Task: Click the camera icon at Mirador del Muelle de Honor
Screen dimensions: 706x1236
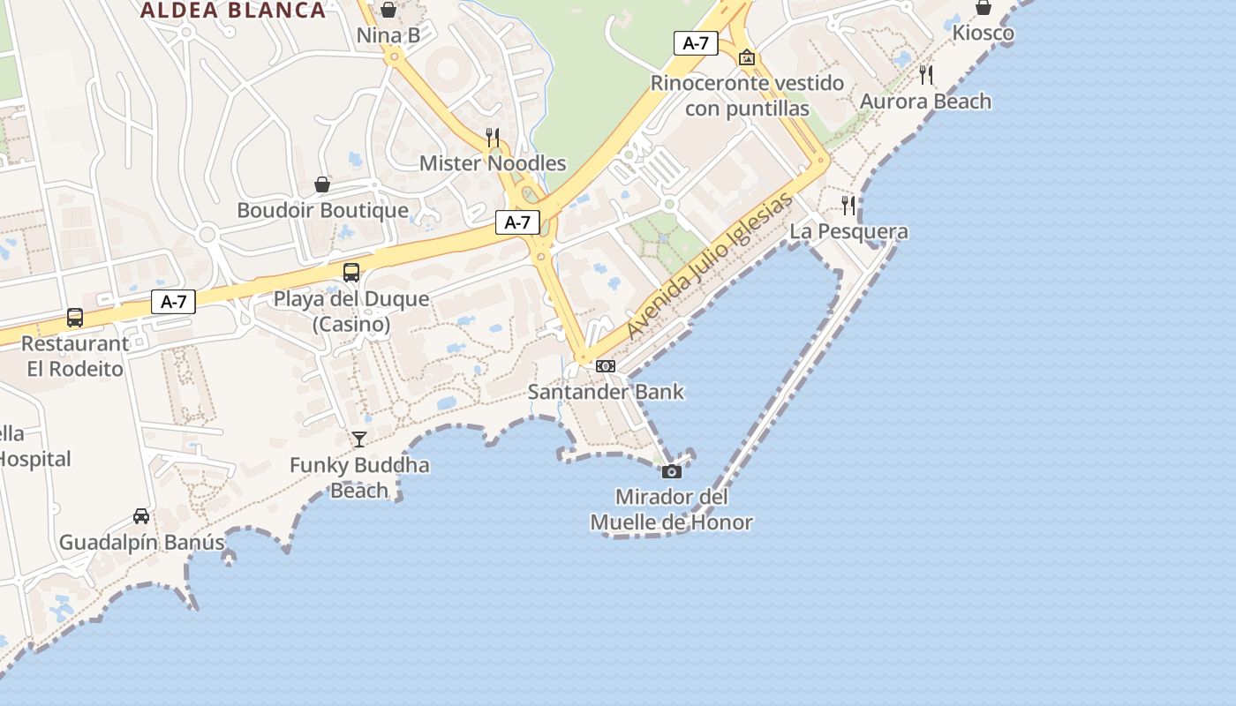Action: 672,471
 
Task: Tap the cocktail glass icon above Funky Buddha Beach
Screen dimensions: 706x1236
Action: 358,439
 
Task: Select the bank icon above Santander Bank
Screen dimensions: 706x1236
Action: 606,365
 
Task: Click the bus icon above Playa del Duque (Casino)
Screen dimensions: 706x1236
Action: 351,272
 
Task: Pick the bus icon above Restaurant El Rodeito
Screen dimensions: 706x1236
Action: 75,317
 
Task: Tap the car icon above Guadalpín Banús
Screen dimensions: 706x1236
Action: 141,515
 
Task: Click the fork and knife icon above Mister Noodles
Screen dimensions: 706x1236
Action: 493,137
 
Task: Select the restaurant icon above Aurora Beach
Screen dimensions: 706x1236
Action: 925,75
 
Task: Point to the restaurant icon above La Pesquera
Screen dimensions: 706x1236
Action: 848,206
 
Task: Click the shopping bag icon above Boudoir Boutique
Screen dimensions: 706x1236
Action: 322,184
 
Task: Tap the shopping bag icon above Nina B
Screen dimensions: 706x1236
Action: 388,10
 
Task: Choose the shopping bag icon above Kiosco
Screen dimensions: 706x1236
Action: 984,7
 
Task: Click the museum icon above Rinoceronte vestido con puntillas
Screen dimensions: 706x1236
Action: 747,57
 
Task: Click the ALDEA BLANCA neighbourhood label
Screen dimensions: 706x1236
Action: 233,11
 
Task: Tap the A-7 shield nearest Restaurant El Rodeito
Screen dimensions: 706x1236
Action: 173,301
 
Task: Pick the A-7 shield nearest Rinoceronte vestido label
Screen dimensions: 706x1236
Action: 696,42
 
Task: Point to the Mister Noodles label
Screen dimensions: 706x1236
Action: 493,163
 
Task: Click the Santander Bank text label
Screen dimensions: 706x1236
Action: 606,391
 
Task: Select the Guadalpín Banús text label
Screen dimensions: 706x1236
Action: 142,542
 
